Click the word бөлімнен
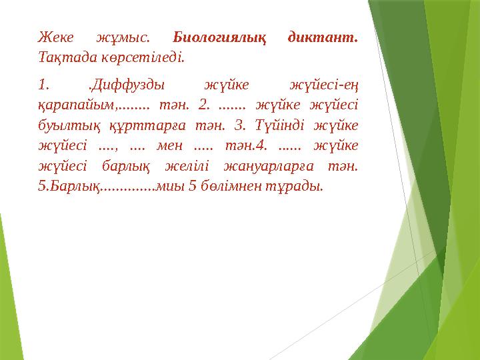pos(234,185)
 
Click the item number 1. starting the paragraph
pos(43,85)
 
